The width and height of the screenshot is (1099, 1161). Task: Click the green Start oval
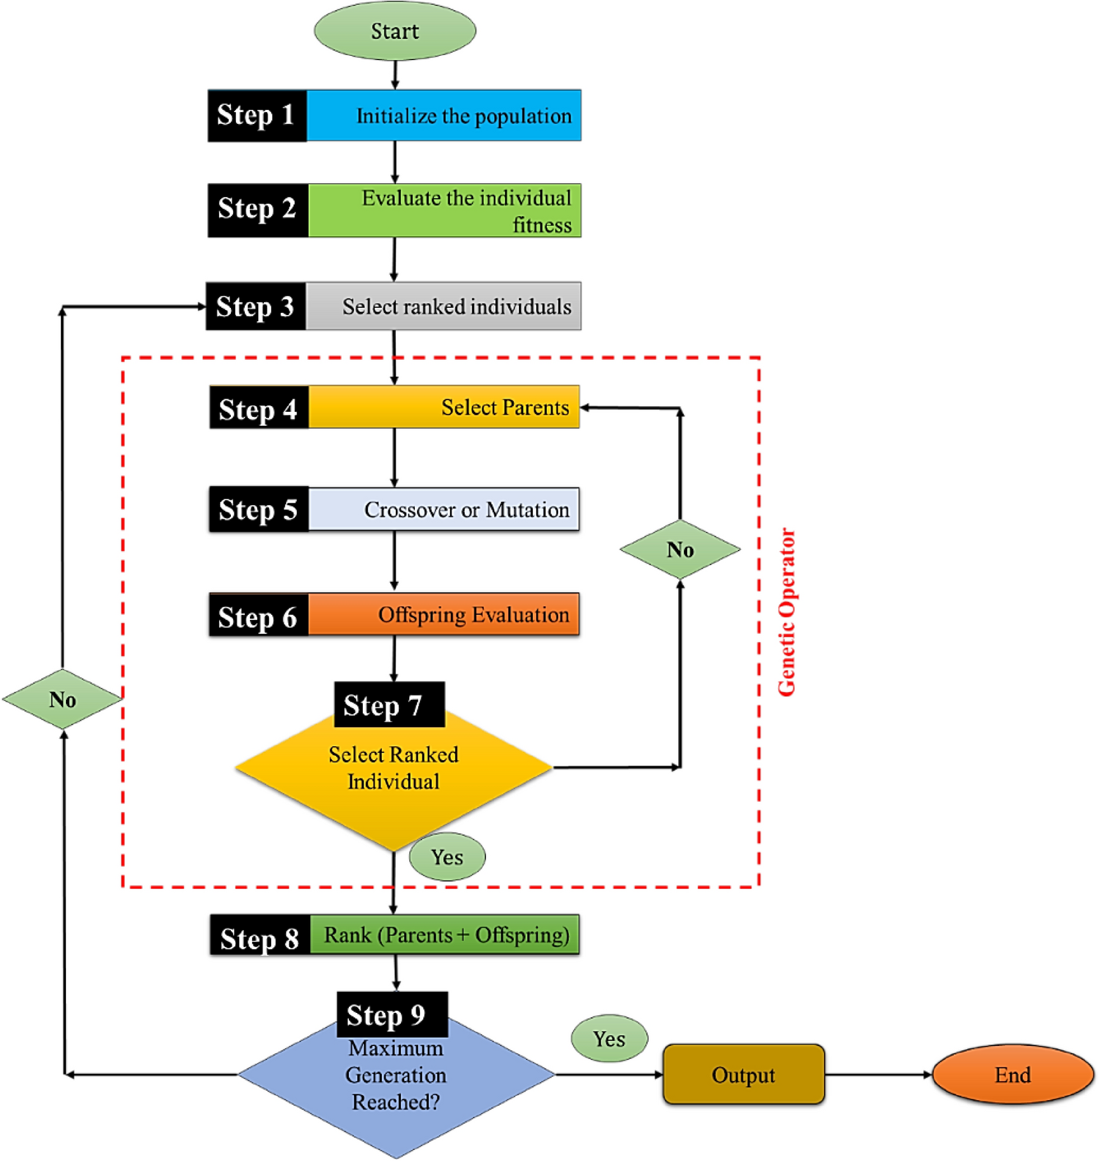click(x=394, y=31)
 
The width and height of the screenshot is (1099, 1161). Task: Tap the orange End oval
click(x=1012, y=1075)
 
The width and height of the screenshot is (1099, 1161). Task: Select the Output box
click(x=743, y=1075)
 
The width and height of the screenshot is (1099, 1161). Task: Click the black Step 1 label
click(x=257, y=115)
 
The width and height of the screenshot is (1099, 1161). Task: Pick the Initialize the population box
click(x=444, y=115)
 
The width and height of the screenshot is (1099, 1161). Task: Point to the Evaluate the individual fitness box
click(x=444, y=210)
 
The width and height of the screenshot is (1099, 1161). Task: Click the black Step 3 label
click(x=255, y=306)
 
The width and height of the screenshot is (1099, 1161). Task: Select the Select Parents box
click(x=444, y=407)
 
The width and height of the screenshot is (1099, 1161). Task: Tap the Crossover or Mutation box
click(x=444, y=509)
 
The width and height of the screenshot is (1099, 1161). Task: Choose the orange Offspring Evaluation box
click(x=444, y=614)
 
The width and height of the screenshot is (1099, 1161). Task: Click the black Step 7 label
click(x=389, y=705)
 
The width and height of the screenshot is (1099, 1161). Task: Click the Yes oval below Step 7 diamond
click(x=447, y=857)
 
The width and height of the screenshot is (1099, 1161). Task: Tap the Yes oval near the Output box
click(x=609, y=1039)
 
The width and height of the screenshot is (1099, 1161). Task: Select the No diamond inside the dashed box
click(x=680, y=550)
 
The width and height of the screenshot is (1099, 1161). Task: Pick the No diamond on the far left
click(x=62, y=699)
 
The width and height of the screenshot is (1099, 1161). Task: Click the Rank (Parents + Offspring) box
click(x=444, y=935)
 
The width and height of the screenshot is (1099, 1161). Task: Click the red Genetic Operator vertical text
click(x=787, y=612)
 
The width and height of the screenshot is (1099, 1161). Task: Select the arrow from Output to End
click(x=878, y=1075)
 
